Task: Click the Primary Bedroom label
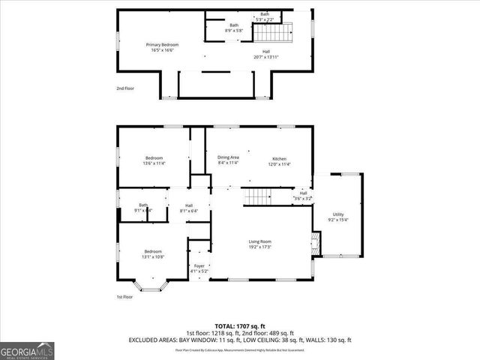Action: point(162,45)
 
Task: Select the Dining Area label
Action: point(228,157)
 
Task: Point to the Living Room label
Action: point(259,241)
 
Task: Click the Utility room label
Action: point(338,214)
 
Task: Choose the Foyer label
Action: point(199,265)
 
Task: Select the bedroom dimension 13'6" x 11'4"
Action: point(154,163)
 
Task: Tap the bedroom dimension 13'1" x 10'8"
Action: point(153,256)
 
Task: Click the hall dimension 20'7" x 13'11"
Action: point(265,56)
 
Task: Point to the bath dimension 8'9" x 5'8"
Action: point(233,31)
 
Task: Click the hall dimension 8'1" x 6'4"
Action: point(189,211)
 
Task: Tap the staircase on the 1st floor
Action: point(257,196)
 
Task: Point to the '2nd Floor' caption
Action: point(124,88)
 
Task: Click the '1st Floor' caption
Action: point(124,297)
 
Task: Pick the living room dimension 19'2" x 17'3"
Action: point(259,247)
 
